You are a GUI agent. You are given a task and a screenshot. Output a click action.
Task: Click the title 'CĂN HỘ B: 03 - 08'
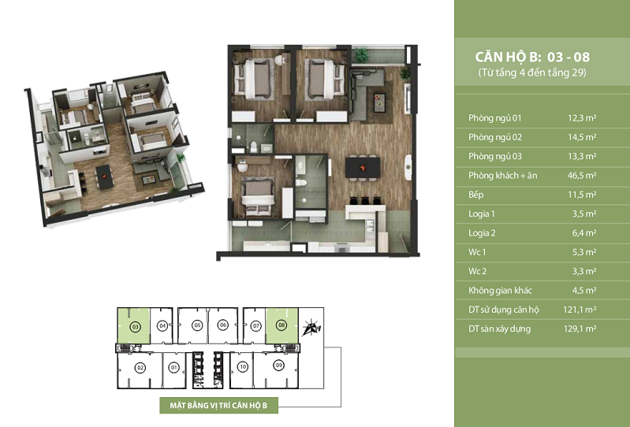pos(532,57)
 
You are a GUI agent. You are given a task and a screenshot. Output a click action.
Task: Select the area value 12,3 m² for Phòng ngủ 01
pos(582,118)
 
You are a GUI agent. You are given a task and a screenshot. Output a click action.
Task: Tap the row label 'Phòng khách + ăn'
pos(502,176)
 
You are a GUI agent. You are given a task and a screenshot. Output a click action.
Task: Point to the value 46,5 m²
pos(582,176)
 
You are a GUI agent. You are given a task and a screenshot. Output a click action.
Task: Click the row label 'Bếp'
pos(475,195)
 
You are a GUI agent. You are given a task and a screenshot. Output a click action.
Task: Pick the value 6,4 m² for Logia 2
pos(584,232)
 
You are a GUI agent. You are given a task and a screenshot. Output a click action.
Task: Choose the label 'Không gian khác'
pos(500,291)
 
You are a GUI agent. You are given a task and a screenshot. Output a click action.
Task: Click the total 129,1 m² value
pos(580,329)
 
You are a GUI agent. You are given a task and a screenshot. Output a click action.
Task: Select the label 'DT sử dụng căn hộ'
pos(504,310)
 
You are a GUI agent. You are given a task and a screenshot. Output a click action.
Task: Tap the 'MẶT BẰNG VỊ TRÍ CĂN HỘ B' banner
pos(218,405)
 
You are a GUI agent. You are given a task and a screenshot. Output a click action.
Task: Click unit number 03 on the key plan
pos(136,327)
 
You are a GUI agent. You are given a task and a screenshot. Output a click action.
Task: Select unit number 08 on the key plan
pos(281,325)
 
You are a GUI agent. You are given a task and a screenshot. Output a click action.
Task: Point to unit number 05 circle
pos(197,325)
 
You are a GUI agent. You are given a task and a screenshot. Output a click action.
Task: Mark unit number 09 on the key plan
pos(278,366)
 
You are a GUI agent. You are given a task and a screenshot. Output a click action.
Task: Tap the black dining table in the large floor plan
pos(363,167)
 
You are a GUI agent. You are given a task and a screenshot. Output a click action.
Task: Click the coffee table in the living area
pos(380,102)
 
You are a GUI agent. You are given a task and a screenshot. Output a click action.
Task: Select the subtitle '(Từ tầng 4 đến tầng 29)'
pos(532,72)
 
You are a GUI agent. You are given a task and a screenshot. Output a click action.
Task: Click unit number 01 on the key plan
pos(173,367)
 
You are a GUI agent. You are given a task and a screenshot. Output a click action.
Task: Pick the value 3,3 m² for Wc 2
pos(584,271)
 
